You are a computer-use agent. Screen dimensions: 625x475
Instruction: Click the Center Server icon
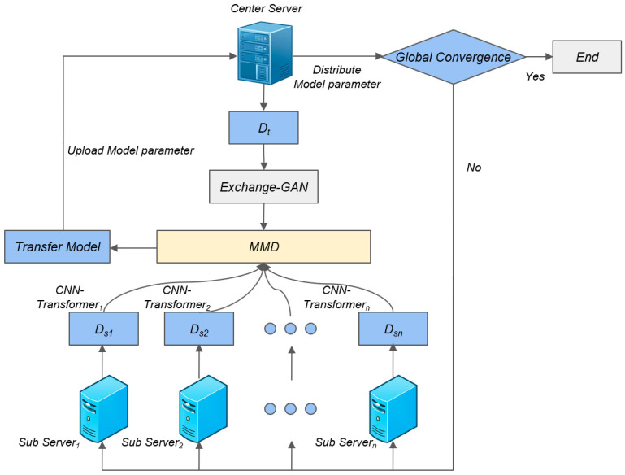point(265,53)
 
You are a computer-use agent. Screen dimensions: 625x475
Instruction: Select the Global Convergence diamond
point(454,57)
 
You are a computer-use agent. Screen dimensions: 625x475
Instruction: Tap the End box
point(587,57)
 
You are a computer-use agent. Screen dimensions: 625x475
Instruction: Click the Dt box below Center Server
point(263,128)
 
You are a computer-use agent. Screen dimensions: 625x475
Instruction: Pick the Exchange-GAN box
point(263,186)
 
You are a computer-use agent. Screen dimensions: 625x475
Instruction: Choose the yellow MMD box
point(263,246)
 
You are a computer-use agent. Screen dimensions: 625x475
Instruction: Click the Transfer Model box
point(58,246)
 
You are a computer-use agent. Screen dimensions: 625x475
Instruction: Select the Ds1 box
point(104,329)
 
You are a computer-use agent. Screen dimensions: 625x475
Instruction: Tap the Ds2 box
point(199,329)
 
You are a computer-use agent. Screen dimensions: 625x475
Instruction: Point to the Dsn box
point(393,329)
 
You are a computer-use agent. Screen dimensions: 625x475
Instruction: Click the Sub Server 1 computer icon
point(104,409)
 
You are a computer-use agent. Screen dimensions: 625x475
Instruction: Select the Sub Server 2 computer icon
point(203,409)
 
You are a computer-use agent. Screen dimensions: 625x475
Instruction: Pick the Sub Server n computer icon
point(393,409)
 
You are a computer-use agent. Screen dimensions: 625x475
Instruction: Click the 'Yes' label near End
point(535,76)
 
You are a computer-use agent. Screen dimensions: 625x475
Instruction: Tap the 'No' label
point(474,167)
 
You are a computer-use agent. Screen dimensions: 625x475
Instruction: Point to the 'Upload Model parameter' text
point(131,150)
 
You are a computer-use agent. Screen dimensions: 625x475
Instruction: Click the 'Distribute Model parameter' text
point(337,77)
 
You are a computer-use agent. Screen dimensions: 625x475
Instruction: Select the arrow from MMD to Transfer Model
point(133,248)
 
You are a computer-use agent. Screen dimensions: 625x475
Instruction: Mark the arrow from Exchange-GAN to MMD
point(263,216)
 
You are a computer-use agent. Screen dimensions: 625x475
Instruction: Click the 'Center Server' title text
point(267,8)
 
